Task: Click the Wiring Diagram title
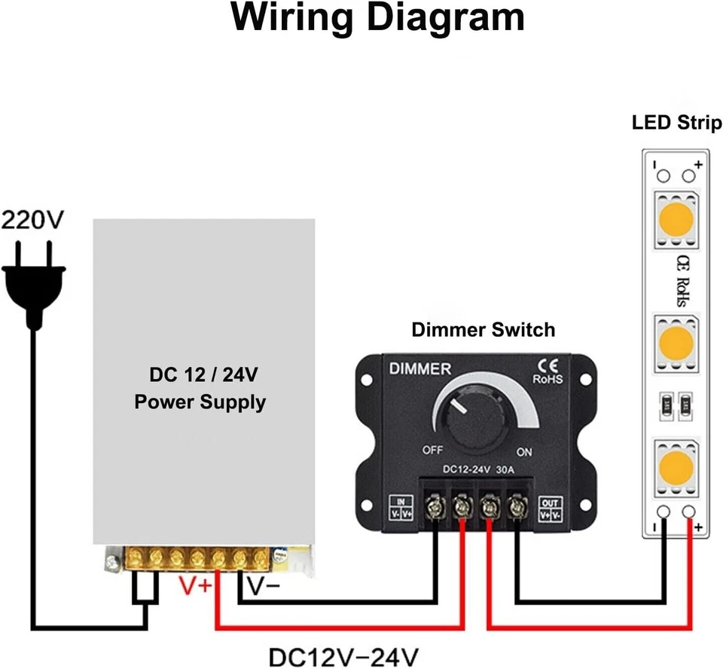click(x=377, y=18)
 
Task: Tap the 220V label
click(x=32, y=220)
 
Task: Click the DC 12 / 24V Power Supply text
click(x=200, y=389)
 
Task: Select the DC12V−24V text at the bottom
click(x=344, y=653)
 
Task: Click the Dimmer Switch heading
click(x=483, y=329)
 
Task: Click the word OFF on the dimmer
click(x=432, y=451)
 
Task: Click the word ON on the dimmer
click(x=524, y=452)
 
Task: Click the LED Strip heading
click(x=676, y=122)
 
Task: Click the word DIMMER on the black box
click(x=419, y=369)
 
